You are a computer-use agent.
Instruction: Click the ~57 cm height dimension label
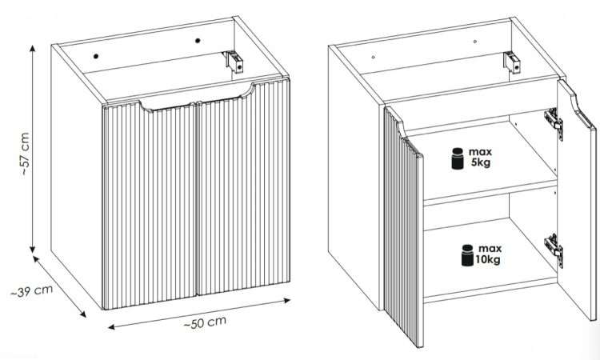[25, 154]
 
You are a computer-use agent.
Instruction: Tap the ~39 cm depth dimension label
[31, 291]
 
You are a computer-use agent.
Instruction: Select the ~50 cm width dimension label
[205, 322]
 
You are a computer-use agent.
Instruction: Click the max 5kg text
[480, 158]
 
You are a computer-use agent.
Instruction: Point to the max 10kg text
[488, 254]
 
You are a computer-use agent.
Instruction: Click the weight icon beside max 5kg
[458, 158]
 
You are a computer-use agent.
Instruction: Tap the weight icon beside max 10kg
[467, 255]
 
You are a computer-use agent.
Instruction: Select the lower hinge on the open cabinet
[554, 250]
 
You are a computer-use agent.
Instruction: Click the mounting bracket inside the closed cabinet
[234, 62]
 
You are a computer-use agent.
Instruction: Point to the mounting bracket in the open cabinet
[511, 62]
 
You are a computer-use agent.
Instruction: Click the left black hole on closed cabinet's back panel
[96, 56]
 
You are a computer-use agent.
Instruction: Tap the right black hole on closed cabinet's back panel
[198, 41]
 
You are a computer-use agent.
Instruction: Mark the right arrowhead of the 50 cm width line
[287, 300]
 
